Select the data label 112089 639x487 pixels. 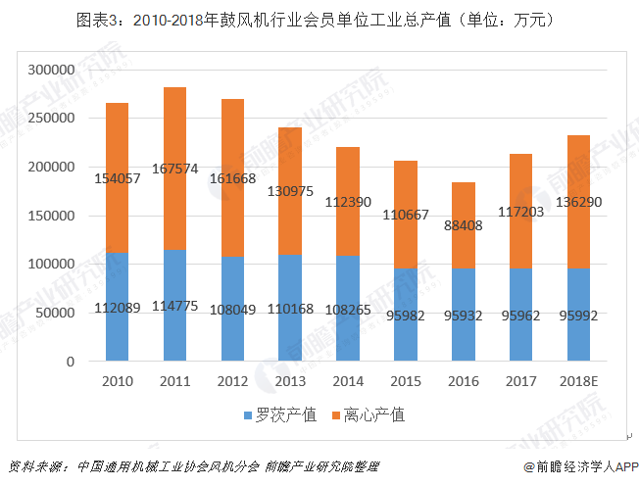[118, 308]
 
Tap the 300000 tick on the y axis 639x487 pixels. [51, 71]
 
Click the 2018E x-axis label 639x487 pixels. [579, 380]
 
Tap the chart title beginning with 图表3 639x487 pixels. [319, 18]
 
